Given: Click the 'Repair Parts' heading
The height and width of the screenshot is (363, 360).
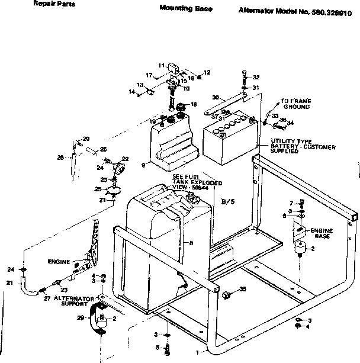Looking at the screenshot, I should click(x=50, y=4).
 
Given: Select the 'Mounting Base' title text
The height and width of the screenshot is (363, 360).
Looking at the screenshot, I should click(x=185, y=9).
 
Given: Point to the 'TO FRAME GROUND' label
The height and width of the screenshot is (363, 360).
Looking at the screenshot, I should click(x=295, y=104).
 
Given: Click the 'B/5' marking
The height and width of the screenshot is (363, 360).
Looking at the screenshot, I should click(x=228, y=202).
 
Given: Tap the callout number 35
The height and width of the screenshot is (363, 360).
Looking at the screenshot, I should click(x=243, y=290).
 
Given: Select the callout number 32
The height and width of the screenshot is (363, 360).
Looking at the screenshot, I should click(x=256, y=78).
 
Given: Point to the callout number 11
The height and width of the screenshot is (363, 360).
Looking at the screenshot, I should click(x=160, y=65).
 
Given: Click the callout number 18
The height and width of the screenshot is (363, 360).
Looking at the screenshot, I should click(x=194, y=105).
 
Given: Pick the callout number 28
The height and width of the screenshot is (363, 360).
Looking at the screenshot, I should click(x=60, y=158).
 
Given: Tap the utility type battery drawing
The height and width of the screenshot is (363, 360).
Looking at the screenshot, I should click(x=229, y=140).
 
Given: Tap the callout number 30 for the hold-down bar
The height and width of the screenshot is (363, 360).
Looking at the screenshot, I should click(x=216, y=97).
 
